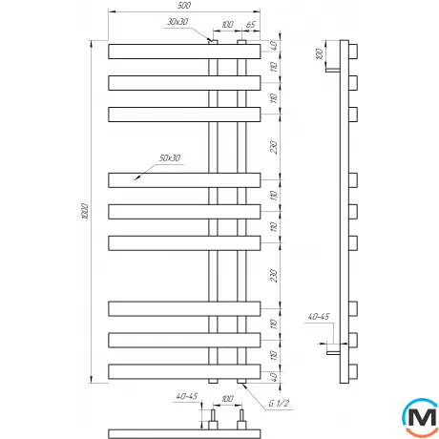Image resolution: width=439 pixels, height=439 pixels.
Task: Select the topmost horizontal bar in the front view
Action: point(183,51)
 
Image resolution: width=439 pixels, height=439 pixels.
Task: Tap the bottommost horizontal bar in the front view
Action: point(183,370)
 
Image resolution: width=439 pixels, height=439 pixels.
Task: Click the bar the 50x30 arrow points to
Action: point(183,178)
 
